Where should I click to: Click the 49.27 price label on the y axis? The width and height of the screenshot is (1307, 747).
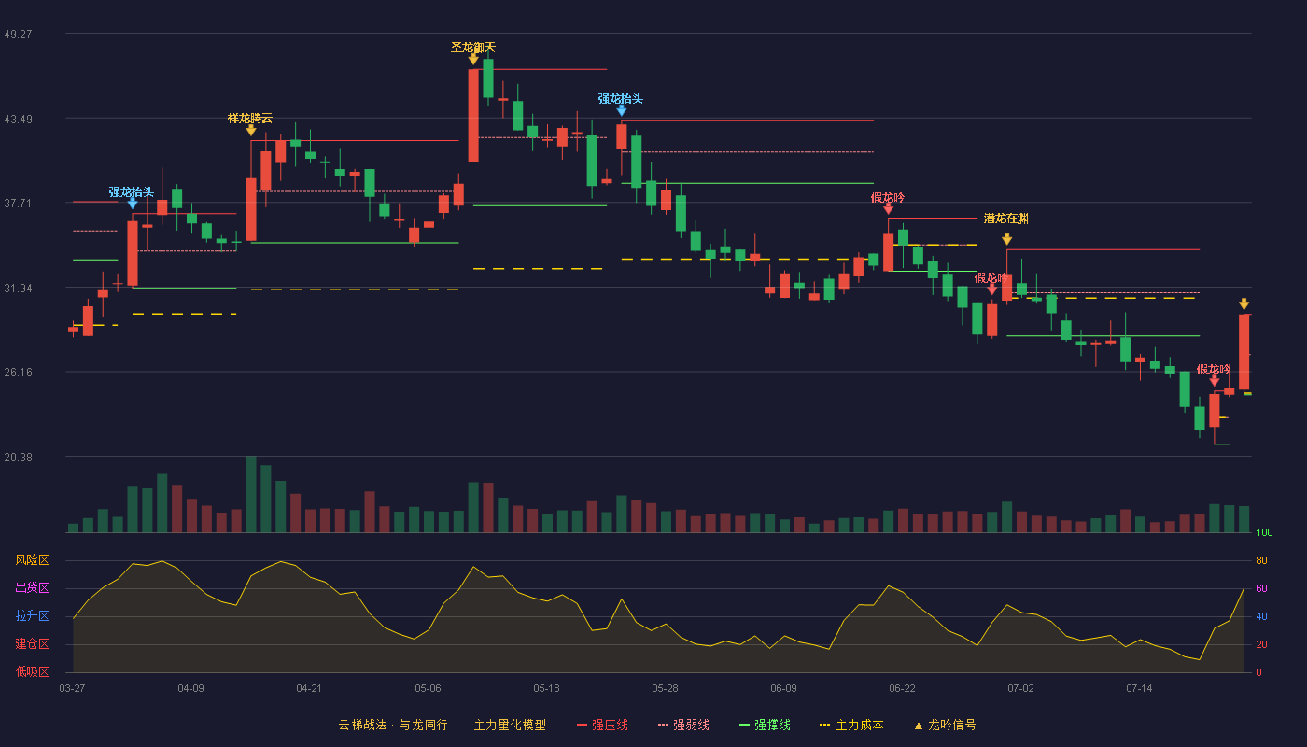pos(18,35)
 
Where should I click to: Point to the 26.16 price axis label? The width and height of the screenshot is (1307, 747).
pos(18,373)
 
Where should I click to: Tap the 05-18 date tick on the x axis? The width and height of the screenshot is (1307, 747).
pos(546,689)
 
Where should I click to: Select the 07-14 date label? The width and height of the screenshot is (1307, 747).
pos(1139,689)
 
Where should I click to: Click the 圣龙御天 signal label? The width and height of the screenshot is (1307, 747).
pos(472,48)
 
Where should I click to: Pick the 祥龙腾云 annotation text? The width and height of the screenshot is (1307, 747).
pos(250,119)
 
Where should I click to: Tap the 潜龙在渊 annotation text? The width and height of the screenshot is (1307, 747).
pos(1006,218)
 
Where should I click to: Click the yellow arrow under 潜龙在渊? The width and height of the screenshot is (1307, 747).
pos(1006,239)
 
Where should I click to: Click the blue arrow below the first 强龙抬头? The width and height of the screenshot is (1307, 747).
pos(133,204)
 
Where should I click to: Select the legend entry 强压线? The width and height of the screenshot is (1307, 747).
pos(602,725)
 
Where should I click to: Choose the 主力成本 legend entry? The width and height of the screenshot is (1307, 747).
pos(851,725)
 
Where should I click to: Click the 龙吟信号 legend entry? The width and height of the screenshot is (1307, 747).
pos(945,725)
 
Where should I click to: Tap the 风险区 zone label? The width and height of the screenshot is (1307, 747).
pos(32,560)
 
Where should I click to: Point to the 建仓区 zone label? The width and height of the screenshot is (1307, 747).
pos(32,644)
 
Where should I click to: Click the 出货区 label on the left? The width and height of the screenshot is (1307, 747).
pos(32,587)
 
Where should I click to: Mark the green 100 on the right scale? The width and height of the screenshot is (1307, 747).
pos(1264,532)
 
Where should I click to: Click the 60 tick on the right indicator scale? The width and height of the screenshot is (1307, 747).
pos(1261,588)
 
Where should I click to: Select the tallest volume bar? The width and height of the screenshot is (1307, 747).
pos(251,494)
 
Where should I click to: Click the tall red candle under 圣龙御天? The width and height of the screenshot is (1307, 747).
pos(473,115)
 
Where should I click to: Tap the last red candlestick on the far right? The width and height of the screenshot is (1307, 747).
pos(1244,352)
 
